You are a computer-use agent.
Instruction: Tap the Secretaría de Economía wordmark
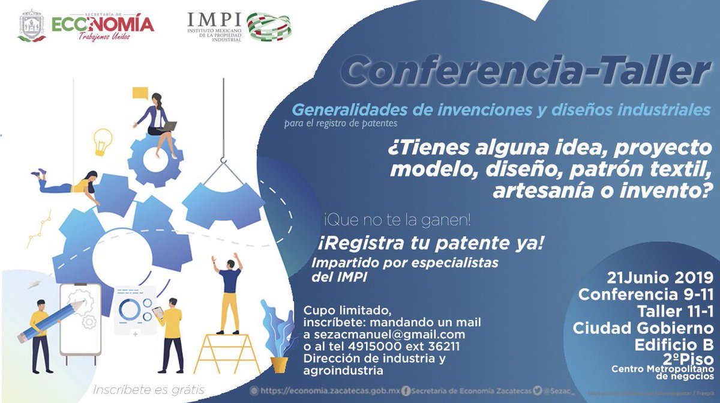click(x=103, y=25)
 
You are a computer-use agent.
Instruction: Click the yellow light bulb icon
click(x=103, y=142)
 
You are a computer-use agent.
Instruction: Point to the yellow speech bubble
click(x=140, y=93)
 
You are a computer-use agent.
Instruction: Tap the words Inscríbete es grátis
click(x=149, y=390)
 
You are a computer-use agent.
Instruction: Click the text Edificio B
click(x=674, y=345)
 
